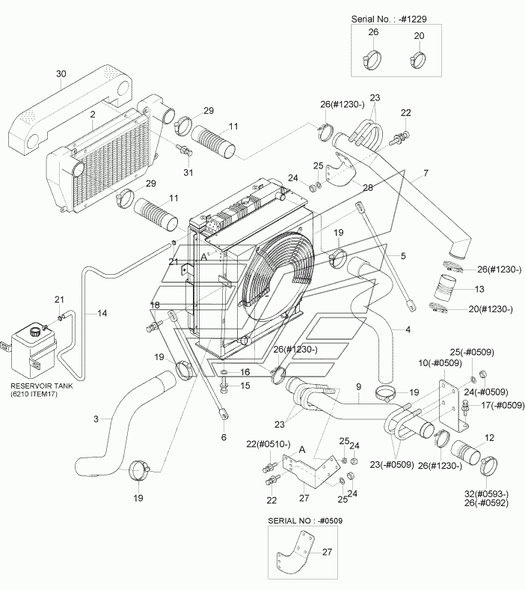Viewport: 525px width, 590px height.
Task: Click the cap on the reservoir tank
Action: click(36, 332)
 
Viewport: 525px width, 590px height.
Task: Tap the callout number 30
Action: click(61, 73)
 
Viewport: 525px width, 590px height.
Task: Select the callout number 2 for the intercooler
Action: click(93, 114)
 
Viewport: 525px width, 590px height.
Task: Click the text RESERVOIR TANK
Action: click(42, 386)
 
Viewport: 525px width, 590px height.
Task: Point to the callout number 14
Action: click(102, 313)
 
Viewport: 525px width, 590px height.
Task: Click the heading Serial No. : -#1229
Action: click(389, 19)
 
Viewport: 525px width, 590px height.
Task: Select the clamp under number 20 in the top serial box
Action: click(417, 60)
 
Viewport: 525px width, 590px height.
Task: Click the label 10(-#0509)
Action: click(440, 363)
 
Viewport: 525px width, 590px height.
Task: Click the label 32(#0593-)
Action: click(486, 494)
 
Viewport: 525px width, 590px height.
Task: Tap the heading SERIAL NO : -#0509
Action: click(305, 521)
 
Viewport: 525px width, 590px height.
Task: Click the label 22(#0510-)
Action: click(268, 444)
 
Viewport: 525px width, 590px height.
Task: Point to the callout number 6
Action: click(224, 437)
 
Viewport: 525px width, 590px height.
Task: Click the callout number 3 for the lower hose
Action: click(96, 419)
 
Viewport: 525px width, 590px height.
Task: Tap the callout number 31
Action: click(188, 172)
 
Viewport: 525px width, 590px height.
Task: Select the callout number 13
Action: click(479, 289)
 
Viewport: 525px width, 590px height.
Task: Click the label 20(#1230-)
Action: click(491, 309)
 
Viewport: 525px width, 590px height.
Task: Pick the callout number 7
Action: click(426, 174)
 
